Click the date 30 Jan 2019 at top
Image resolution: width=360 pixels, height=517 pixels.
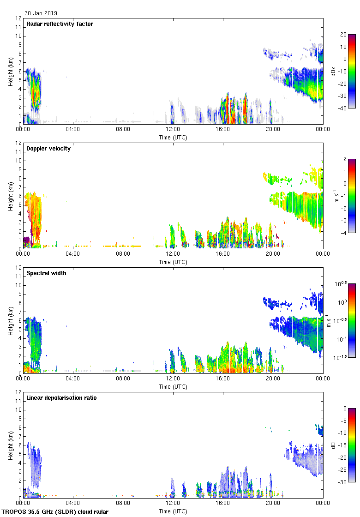pyautogui.click(x=41, y=13)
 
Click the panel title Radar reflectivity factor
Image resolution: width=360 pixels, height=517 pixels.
pyautogui.click(x=60, y=24)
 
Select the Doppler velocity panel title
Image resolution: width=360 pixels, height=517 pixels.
pyautogui.click(x=48, y=149)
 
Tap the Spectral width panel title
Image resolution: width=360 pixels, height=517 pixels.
pyautogui.click(x=47, y=273)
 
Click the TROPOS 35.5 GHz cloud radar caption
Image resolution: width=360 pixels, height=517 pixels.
pyautogui.click(x=55, y=512)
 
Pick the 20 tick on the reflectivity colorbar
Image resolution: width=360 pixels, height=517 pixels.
pyautogui.click(x=343, y=35)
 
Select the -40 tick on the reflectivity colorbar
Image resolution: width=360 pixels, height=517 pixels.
pyautogui.click(x=343, y=108)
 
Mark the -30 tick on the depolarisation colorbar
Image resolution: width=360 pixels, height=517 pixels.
pyautogui.click(x=343, y=482)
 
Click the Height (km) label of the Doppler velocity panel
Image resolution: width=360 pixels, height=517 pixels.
pyautogui.click(x=10, y=196)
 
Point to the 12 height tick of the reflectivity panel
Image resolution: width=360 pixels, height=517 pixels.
pyautogui.click(x=19, y=18)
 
